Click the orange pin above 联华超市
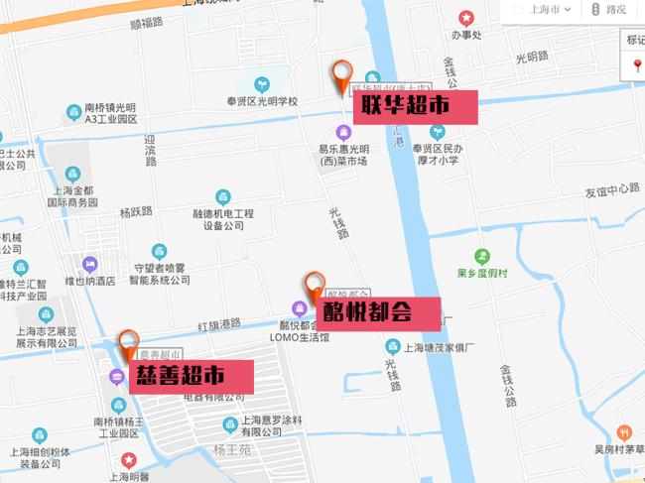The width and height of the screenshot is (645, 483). tap(344, 76)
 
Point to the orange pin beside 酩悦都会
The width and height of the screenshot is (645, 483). tap(315, 287)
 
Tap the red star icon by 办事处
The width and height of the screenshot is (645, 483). tap(466, 18)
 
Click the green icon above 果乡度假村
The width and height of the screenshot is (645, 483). tap(482, 256)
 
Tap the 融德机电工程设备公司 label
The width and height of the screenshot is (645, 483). tap(223, 218)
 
